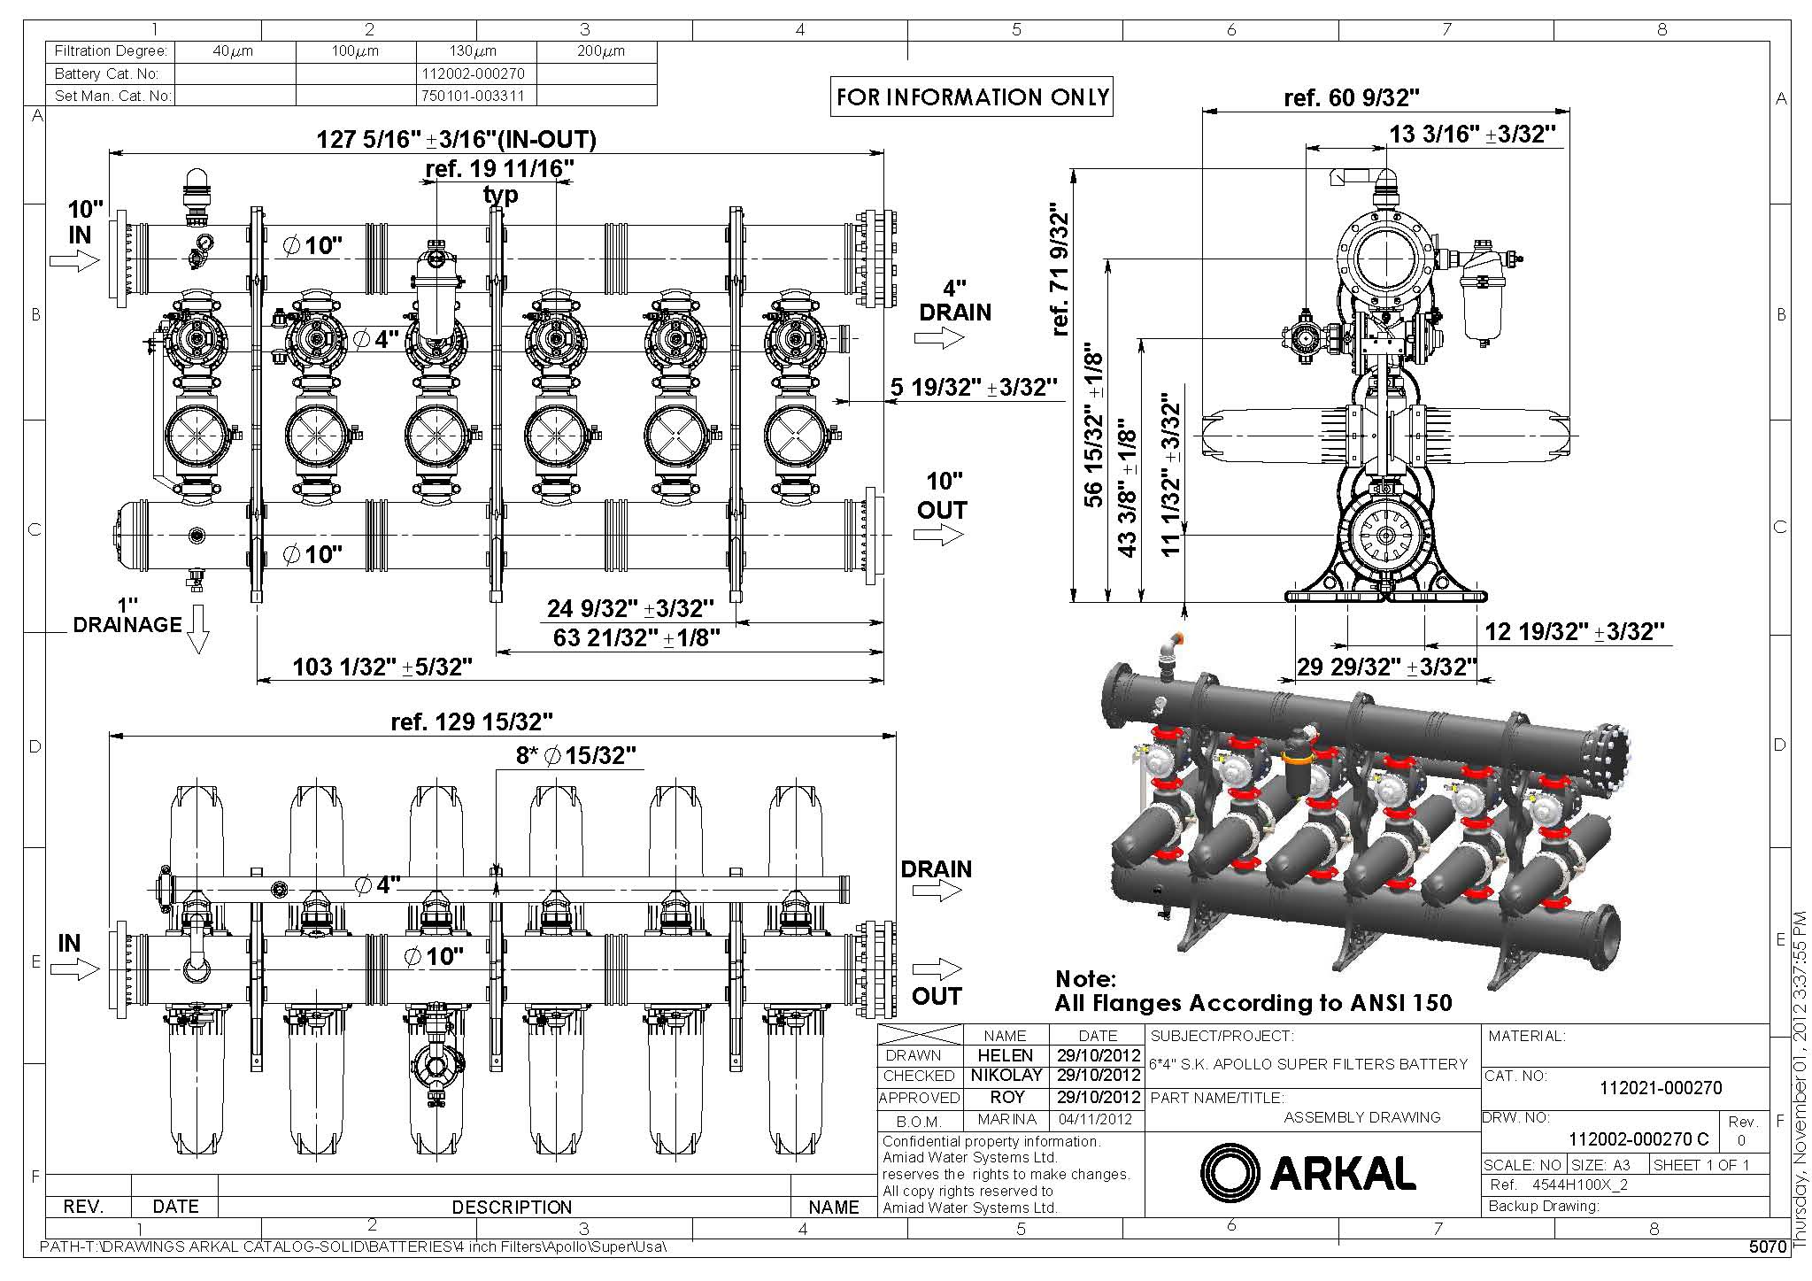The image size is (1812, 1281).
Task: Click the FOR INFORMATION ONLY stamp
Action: tap(972, 97)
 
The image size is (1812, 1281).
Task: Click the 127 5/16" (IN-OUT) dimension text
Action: tap(456, 139)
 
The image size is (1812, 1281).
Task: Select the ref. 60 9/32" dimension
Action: tap(1351, 97)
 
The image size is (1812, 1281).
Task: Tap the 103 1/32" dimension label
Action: tap(382, 667)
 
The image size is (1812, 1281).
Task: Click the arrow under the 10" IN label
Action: tap(74, 260)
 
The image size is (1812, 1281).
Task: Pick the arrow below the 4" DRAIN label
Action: tap(938, 337)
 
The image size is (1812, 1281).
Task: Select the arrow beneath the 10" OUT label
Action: tap(938, 535)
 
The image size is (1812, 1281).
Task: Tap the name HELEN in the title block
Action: tap(1005, 1055)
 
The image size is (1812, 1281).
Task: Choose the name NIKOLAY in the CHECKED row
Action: tap(1005, 1076)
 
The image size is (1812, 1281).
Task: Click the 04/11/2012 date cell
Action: tap(1098, 1119)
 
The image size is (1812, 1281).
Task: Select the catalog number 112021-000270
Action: tap(1661, 1088)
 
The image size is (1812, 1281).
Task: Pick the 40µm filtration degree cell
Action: tap(233, 51)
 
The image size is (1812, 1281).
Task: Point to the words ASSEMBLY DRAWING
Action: tap(1361, 1117)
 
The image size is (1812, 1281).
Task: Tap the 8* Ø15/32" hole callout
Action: tap(576, 755)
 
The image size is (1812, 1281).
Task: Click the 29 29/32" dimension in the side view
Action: tap(1386, 667)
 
